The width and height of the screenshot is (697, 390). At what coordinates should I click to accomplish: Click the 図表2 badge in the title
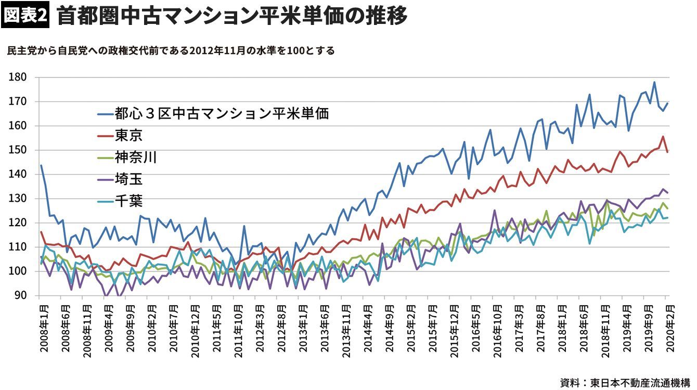[x=25, y=16]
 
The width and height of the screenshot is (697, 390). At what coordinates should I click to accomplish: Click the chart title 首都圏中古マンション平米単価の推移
[x=231, y=16]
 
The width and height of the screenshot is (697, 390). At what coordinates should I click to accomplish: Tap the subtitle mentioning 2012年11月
[x=171, y=51]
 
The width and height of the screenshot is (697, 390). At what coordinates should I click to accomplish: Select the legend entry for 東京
[x=129, y=136]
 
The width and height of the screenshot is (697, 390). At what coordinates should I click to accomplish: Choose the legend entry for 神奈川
[x=136, y=158]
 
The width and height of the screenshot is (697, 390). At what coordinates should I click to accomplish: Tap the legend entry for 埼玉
[x=129, y=179]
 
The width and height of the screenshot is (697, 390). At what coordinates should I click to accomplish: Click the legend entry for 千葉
[x=129, y=201]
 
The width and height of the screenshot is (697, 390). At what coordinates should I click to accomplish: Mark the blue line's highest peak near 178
[x=654, y=82]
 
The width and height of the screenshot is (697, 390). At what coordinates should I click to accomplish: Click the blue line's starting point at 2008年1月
[x=41, y=165]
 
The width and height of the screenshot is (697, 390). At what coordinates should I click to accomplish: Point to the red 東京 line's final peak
[x=663, y=136]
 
